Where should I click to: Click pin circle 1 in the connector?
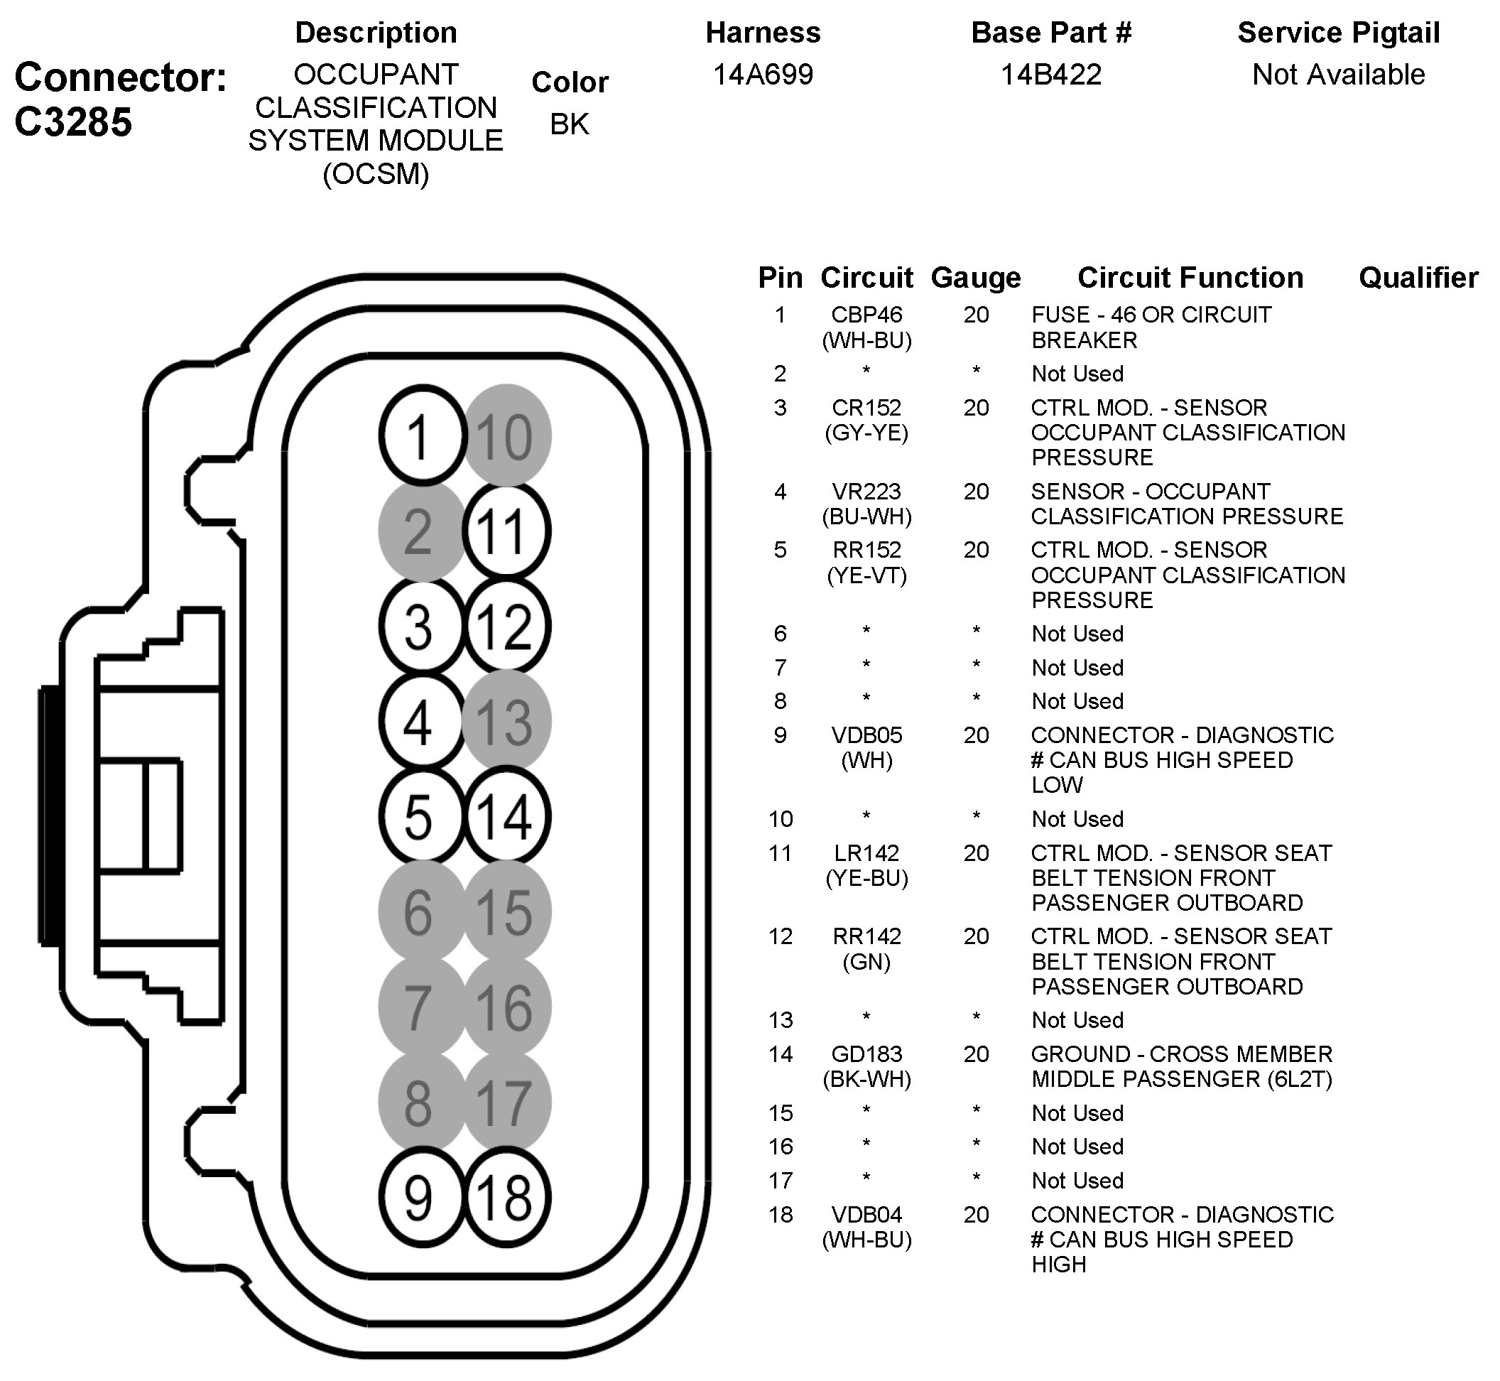[x=421, y=435]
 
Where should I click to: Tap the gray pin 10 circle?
[x=506, y=435]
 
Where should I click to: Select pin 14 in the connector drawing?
[x=506, y=816]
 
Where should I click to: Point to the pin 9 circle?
[x=421, y=1198]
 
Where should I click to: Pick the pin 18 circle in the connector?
[x=506, y=1198]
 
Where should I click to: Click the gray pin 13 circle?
[x=506, y=721]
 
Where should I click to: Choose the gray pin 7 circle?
[x=421, y=1007]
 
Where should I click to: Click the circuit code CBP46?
[x=866, y=315]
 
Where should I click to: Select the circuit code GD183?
[x=866, y=1054]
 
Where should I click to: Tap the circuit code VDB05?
[x=866, y=735]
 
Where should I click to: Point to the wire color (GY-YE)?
[x=866, y=433]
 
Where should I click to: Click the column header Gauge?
[x=976, y=278]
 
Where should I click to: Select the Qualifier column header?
[x=1418, y=278]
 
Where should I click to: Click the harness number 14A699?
[x=763, y=75]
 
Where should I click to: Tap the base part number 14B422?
[x=1050, y=75]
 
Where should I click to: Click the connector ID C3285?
[x=73, y=121]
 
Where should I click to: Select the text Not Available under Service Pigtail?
[x=1338, y=75]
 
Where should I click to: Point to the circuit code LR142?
[x=866, y=852]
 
